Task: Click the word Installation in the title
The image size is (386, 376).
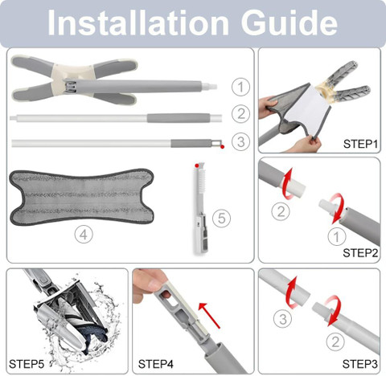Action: pos(138,22)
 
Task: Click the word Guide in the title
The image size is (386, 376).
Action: pos(289,22)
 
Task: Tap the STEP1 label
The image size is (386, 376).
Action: pos(360,144)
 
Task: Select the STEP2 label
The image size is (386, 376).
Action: pos(360,253)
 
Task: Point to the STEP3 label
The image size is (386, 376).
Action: pos(359,364)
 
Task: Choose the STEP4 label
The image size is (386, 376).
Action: pos(155,364)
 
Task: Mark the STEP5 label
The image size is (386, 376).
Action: pos(27,364)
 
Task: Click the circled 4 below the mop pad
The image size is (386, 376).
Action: pos(84,235)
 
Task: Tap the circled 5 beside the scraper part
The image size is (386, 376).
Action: pos(221,218)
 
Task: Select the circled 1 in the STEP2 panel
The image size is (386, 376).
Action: pos(337,236)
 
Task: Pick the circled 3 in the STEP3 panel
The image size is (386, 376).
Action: pos(283,319)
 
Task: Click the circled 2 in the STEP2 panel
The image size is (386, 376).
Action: pos(281,211)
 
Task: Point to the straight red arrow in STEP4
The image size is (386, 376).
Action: pos(210,316)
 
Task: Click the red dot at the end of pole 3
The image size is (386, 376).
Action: pos(222,146)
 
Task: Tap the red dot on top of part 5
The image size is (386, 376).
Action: pos(197,166)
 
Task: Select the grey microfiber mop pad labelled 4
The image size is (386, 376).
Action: pos(82,197)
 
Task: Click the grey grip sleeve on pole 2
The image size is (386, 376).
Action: pos(179,118)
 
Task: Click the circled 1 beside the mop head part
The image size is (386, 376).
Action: pos(240,87)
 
